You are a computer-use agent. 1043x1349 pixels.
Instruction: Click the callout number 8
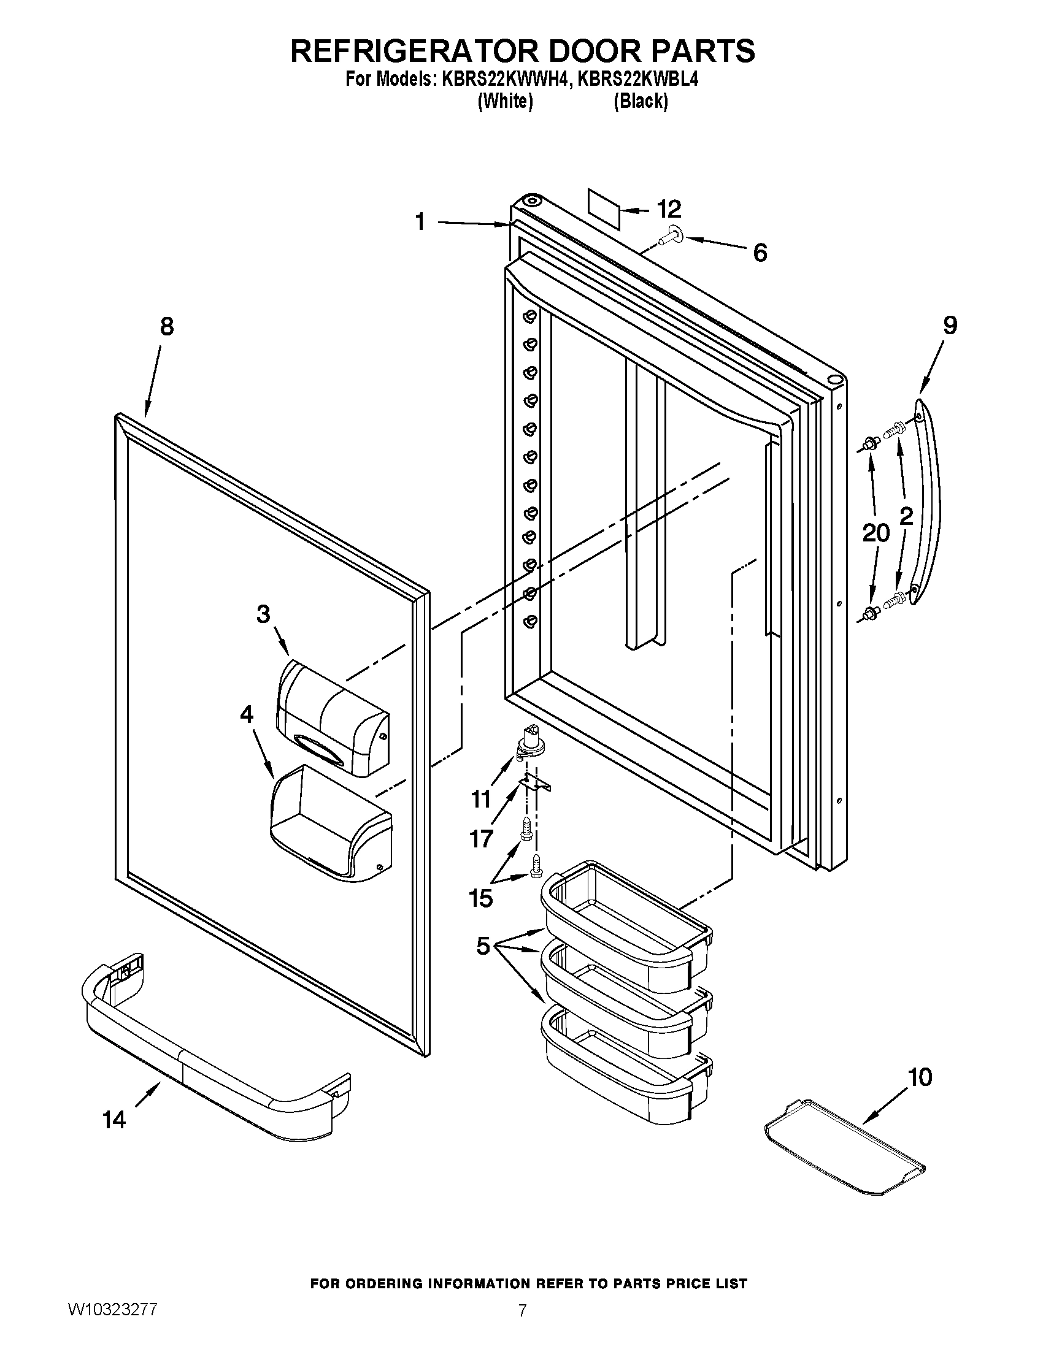coord(167,326)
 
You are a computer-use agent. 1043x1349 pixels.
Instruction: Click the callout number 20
coord(876,533)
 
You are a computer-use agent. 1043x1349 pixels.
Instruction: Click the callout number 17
coord(482,839)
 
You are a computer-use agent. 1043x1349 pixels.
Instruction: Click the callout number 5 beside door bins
coord(483,946)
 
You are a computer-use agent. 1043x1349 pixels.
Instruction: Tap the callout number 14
coord(114,1119)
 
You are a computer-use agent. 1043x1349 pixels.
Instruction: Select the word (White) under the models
coord(506,101)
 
